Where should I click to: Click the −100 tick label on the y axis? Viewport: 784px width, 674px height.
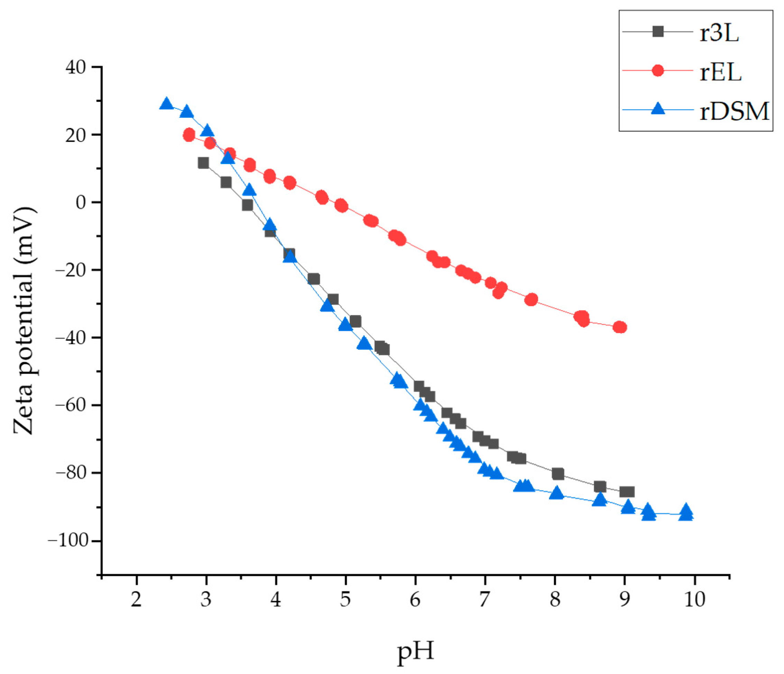point(68,540)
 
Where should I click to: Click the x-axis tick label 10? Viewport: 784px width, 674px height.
point(695,600)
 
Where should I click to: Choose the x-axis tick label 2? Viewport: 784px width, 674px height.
point(136,600)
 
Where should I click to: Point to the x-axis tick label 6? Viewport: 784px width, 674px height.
point(415,600)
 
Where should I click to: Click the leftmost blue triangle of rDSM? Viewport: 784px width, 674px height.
point(166,104)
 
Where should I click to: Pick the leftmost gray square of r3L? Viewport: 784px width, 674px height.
point(203,163)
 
